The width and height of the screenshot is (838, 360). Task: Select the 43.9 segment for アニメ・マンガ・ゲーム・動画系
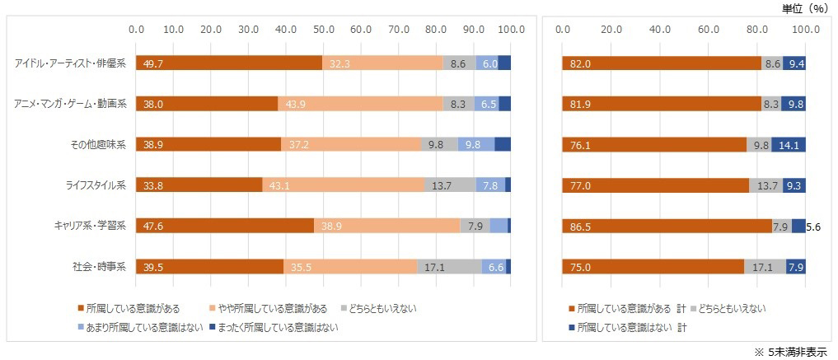pyautogui.click(x=360, y=104)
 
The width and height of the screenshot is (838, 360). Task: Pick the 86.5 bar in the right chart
pyautogui.click(x=667, y=226)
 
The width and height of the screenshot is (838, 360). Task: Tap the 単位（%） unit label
pyautogui.click(x=804, y=8)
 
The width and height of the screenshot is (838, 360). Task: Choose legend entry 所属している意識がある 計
pyautogui.click(x=626, y=308)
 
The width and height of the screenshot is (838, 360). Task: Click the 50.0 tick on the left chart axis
pyautogui.click(x=324, y=30)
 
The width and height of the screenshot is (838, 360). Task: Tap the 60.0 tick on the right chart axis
pyautogui.click(x=708, y=30)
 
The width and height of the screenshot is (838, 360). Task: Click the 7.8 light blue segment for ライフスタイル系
pyautogui.click(x=490, y=185)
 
